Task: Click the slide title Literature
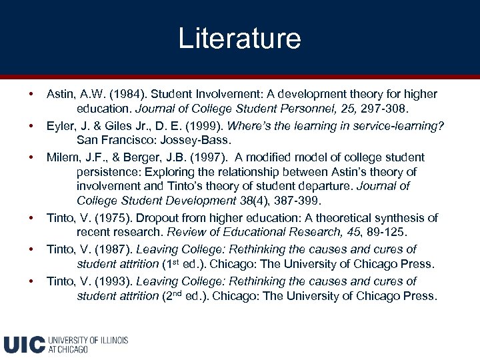click(x=239, y=38)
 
